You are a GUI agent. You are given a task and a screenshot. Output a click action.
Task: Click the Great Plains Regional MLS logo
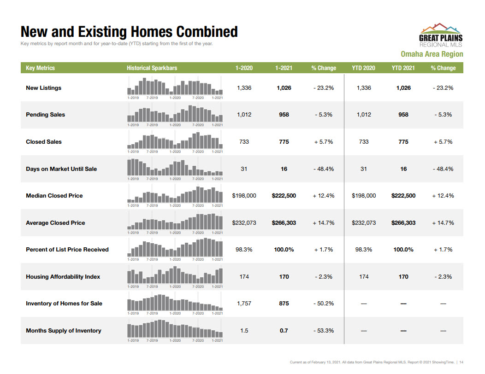[x=440, y=35]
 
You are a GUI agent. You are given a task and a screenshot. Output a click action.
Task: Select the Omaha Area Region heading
[x=432, y=54]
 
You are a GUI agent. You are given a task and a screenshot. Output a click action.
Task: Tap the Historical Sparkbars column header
[x=152, y=68]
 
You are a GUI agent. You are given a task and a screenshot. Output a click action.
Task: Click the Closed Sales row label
[x=44, y=142]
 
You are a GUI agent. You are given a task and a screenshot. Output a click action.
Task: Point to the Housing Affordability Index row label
[x=63, y=277]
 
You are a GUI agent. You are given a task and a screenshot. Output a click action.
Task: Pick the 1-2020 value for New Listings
[x=244, y=88]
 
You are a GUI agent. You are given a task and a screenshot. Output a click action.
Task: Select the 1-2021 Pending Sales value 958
[x=284, y=115]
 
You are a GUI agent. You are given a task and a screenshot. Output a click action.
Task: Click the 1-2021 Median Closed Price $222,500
[x=284, y=196]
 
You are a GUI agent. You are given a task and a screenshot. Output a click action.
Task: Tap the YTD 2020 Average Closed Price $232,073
[x=364, y=223]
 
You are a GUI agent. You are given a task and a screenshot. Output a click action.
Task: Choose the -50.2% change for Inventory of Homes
[x=324, y=304]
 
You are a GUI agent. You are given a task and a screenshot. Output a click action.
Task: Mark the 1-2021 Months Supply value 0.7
[x=284, y=331]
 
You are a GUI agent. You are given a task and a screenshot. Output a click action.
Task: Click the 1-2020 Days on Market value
[x=244, y=169]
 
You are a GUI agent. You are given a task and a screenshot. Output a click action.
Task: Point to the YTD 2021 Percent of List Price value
[x=403, y=250]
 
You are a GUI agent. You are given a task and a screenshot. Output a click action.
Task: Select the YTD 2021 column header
[x=403, y=68]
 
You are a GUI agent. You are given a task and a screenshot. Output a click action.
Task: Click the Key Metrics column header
[x=40, y=68]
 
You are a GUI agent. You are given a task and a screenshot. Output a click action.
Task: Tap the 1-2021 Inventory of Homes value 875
[x=284, y=304]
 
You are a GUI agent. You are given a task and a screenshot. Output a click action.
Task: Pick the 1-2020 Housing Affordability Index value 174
[x=244, y=277]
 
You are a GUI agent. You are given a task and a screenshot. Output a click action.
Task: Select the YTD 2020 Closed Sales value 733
[x=364, y=142]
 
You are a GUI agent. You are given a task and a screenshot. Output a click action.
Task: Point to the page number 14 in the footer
[x=461, y=362]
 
